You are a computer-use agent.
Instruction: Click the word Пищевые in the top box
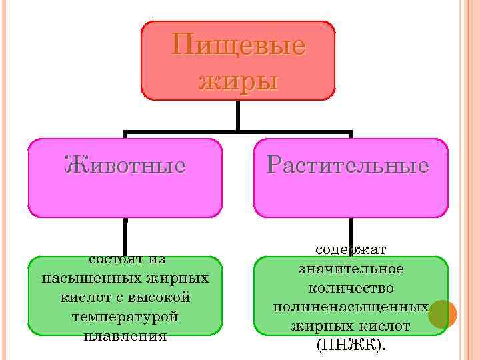pyautogui.click(x=238, y=45)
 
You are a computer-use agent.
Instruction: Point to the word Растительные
pyautogui.click(x=347, y=165)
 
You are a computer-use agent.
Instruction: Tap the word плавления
pyautogui.click(x=125, y=335)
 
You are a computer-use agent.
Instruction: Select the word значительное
pyautogui.click(x=351, y=269)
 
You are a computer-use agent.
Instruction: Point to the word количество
pyautogui.click(x=351, y=288)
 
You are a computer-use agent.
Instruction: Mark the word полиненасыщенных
pyautogui.click(x=351, y=307)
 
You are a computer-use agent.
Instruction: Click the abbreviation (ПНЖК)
pyautogui.click(x=351, y=345)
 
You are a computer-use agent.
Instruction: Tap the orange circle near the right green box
pyautogui.click(x=442, y=314)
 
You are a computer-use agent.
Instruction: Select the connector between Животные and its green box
pyautogui.click(x=125, y=237)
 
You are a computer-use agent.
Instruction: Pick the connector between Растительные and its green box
pyautogui.click(x=351, y=231)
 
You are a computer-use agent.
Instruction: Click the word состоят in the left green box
pyautogui.click(x=109, y=259)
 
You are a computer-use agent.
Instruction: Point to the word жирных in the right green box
pyautogui.click(x=316, y=327)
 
